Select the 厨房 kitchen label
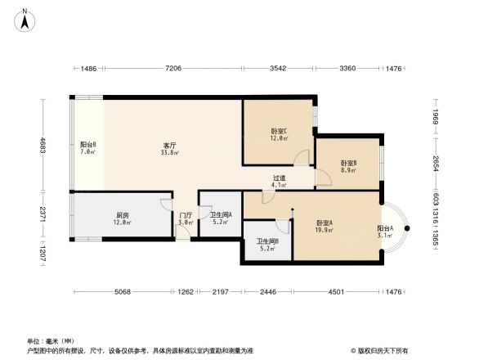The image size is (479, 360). coord(122,216)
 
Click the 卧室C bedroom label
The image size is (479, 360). coord(279,131)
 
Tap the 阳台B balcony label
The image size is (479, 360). coord(88,145)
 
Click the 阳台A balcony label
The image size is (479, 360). coord(385,229)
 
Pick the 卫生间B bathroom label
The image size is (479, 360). coord(267,241)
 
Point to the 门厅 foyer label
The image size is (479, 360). coord(186,215)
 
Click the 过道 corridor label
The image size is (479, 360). coord(280,178)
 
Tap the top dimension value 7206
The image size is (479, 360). coord(173,69)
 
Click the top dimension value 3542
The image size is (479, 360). coord(278,69)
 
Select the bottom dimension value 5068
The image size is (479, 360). coord(123,292)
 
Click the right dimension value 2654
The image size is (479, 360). coord(436,164)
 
